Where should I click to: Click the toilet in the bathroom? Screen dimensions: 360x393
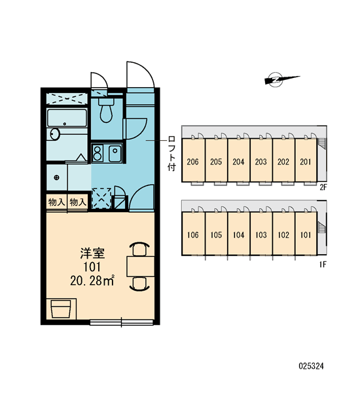(106, 110)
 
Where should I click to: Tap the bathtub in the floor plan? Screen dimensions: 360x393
(67, 118)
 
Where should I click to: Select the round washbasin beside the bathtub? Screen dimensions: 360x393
(55, 134)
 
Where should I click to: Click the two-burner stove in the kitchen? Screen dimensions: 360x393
(97, 153)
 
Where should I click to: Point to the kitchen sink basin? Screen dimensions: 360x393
(115, 153)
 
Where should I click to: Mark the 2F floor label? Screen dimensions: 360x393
(323, 187)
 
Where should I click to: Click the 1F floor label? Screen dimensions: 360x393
(323, 265)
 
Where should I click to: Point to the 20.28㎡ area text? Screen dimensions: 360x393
(92, 281)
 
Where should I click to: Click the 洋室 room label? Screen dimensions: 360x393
(92, 253)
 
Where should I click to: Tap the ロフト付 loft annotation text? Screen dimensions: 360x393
(171, 153)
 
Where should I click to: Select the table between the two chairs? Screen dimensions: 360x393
(141, 266)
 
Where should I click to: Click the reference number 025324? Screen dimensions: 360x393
(311, 366)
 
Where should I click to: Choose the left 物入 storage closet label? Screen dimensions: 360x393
(56, 202)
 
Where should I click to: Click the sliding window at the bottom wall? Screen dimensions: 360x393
(122, 322)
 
